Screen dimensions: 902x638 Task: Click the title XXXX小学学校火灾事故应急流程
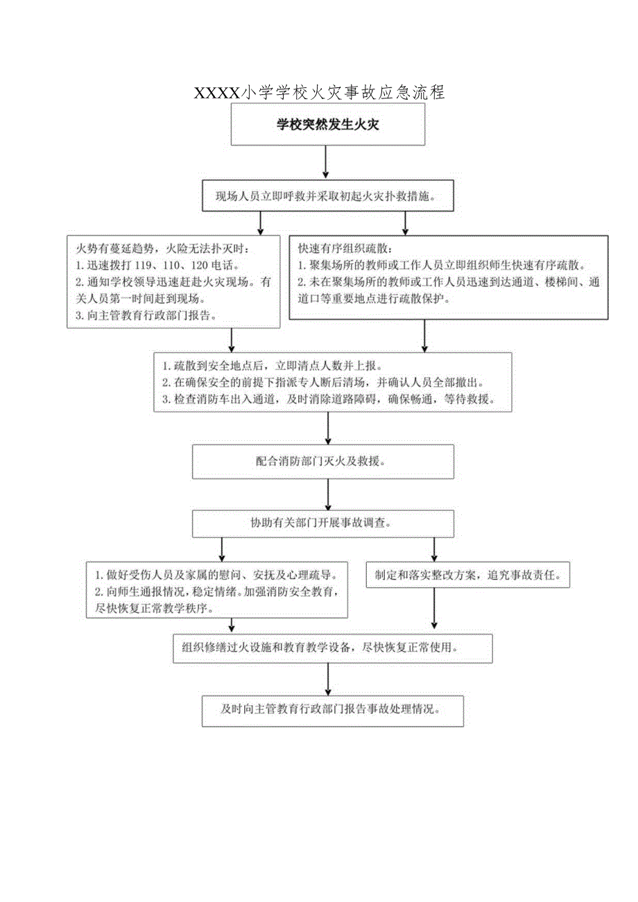320,92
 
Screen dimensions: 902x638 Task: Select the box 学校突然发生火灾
328,125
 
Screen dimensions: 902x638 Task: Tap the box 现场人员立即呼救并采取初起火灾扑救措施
328,196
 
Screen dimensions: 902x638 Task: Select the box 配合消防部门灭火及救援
323,461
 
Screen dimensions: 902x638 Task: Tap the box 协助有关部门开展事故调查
323,523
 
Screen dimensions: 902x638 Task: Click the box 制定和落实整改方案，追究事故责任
467,575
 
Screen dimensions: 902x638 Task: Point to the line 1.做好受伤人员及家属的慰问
216,575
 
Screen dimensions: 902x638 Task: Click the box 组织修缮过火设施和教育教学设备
333,648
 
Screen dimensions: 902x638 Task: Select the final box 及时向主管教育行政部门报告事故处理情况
333,710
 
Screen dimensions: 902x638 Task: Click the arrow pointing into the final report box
328,679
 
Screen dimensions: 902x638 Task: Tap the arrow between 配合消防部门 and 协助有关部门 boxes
328,494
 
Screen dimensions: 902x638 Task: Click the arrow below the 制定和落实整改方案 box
434,610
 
